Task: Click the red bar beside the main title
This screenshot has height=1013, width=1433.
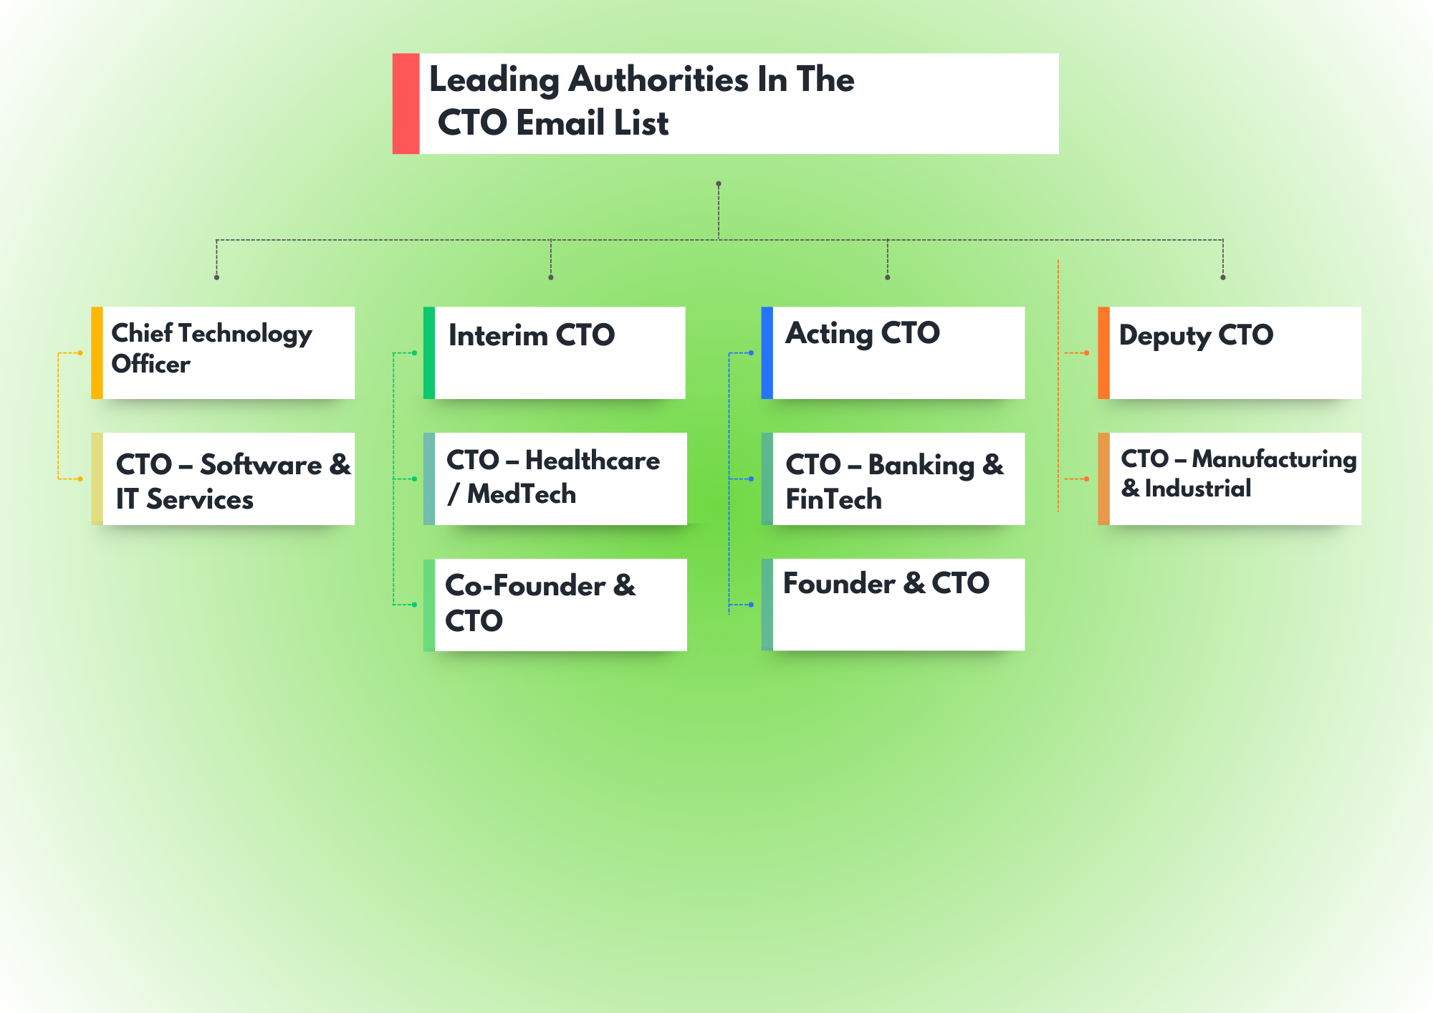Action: click(x=406, y=103)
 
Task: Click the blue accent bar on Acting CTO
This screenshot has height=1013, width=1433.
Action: click(x=767, y=352)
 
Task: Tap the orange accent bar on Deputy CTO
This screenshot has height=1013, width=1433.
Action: click(x=1103, y=352)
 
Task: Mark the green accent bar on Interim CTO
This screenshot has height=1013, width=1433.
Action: click(x=429, y=352)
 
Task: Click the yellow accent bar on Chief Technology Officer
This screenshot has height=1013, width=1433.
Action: click(x=97, y=352)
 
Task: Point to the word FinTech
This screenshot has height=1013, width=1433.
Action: click(x=833, y=499)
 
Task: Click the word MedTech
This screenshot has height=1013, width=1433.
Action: click(x=522, y=494)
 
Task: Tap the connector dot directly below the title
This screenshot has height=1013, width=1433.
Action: click(x=719, y=184)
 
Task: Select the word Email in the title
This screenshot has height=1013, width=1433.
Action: click(x=560, y=123)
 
